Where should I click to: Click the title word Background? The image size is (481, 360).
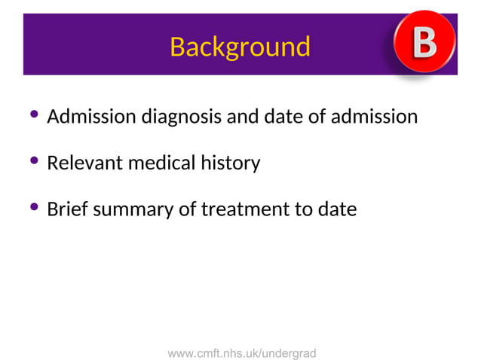[x=240, y=47]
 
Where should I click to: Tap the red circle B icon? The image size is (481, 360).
[x=424, y=44]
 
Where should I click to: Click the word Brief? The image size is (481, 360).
[x=66, y=209]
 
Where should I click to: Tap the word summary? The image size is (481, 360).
[x=133, y=209]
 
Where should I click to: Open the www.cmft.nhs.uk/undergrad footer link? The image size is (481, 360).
[x=241, y=352]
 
